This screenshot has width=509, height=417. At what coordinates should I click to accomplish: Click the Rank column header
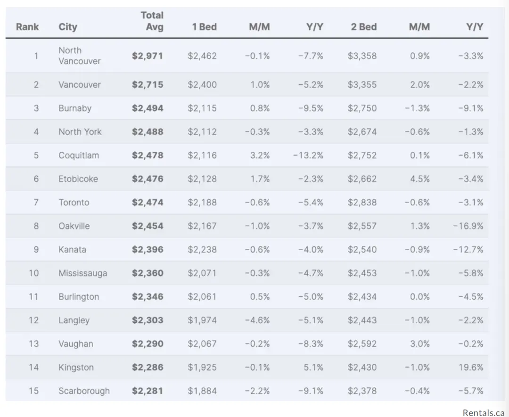(27, 27)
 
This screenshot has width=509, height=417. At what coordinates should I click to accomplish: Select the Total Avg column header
(152, 21)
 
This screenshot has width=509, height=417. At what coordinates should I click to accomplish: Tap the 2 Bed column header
(363, 27)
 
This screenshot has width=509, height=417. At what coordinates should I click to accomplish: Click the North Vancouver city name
(79, 56)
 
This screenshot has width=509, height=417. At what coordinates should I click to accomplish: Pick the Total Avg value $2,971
(148, 56)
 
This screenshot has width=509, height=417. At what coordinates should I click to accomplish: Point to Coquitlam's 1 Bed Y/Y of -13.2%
(308, 155)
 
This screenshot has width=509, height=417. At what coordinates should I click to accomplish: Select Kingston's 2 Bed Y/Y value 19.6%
(471, 368)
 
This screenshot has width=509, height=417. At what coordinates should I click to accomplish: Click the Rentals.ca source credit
(483, 412)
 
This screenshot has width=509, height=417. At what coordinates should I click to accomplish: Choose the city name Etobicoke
(78, 179)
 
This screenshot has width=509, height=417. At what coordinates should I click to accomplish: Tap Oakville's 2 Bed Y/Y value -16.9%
(468, 226)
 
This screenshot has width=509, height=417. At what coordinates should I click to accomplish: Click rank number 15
(33, 391)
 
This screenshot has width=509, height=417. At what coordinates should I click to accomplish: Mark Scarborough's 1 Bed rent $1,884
(202, 391)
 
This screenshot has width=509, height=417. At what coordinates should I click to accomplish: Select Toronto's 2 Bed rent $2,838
(362, 203)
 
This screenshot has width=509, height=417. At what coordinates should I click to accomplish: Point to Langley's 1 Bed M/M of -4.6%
(257, 320)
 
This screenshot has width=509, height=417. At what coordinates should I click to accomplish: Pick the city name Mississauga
(82, 273)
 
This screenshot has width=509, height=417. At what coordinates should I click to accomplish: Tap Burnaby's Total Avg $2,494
(148, 108)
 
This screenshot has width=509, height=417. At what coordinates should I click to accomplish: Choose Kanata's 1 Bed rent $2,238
(202, 250)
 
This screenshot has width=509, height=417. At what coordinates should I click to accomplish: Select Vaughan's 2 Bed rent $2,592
(362, 344)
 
